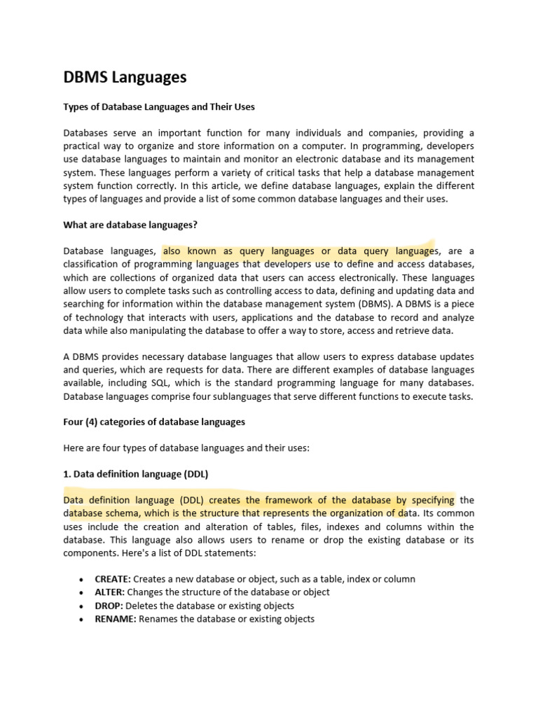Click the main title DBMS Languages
125,78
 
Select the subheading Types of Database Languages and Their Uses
159,107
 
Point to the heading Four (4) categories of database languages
154,422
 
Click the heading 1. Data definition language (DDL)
136,474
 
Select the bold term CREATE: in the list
113,579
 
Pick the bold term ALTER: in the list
109,592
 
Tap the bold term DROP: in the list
109,606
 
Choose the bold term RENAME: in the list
115,619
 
